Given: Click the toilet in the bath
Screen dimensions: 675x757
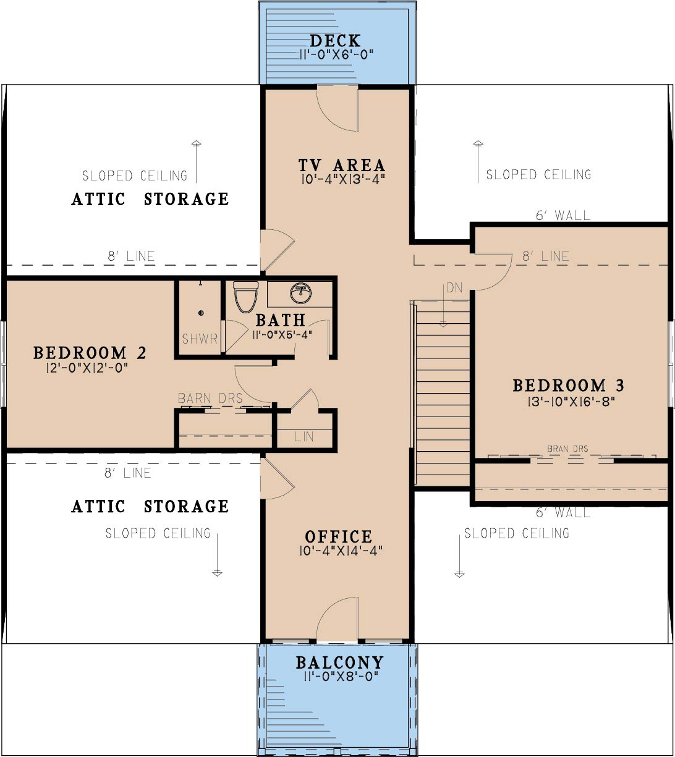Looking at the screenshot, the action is pos(245,297).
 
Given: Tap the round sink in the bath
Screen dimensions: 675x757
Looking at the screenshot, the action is pos(300,293).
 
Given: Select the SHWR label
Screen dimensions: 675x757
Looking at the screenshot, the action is pos(200,339).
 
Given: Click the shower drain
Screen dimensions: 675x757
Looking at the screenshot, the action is pos(201,313).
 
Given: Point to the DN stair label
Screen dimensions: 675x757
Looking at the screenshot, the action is pos(454,288).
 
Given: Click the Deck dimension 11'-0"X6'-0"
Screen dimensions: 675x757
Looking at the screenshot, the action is pos(336,55).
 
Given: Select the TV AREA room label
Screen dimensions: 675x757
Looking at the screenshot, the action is pos(342,165).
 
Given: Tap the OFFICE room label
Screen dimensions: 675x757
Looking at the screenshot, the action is pos(339,537).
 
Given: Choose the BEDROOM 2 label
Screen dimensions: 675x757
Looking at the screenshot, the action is pos(90,353).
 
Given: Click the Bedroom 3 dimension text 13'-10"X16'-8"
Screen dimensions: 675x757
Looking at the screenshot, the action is pos(571,402).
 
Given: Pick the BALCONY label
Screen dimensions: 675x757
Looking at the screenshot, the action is pos(340,663).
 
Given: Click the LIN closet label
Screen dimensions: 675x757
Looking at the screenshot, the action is pos(304,436).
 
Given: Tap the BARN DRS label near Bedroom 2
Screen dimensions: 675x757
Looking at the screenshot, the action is pos(210,399).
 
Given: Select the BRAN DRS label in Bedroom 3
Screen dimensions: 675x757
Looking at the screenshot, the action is pos(567,449).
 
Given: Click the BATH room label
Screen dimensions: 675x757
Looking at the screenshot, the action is pos(281,320).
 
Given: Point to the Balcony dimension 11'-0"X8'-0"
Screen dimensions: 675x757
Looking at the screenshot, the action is pos(341,676).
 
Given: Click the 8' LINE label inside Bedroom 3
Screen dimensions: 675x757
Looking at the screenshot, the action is pos(546,256).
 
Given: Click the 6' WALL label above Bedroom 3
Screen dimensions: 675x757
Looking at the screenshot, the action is pos(563,215).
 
